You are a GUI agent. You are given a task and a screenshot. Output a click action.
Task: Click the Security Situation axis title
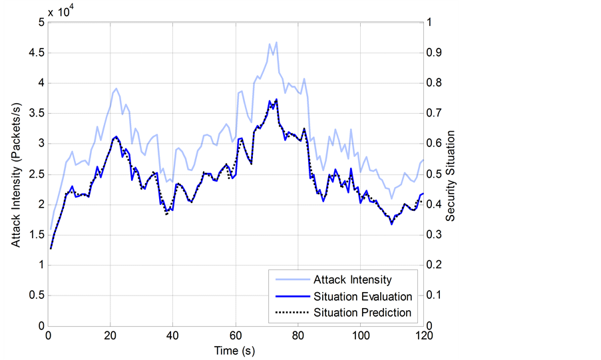coord(451,174)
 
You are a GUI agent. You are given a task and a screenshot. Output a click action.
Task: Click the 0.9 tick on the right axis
coord(434,53)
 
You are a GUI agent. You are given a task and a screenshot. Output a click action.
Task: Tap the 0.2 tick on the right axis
coord(434,266)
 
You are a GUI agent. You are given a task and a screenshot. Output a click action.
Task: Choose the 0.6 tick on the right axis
coord(434,144)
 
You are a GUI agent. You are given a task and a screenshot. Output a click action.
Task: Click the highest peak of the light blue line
coord(276,43)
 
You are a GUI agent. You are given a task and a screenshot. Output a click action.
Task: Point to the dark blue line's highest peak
coord(276,99)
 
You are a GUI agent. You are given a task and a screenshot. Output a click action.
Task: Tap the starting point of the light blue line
coord(51,229)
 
